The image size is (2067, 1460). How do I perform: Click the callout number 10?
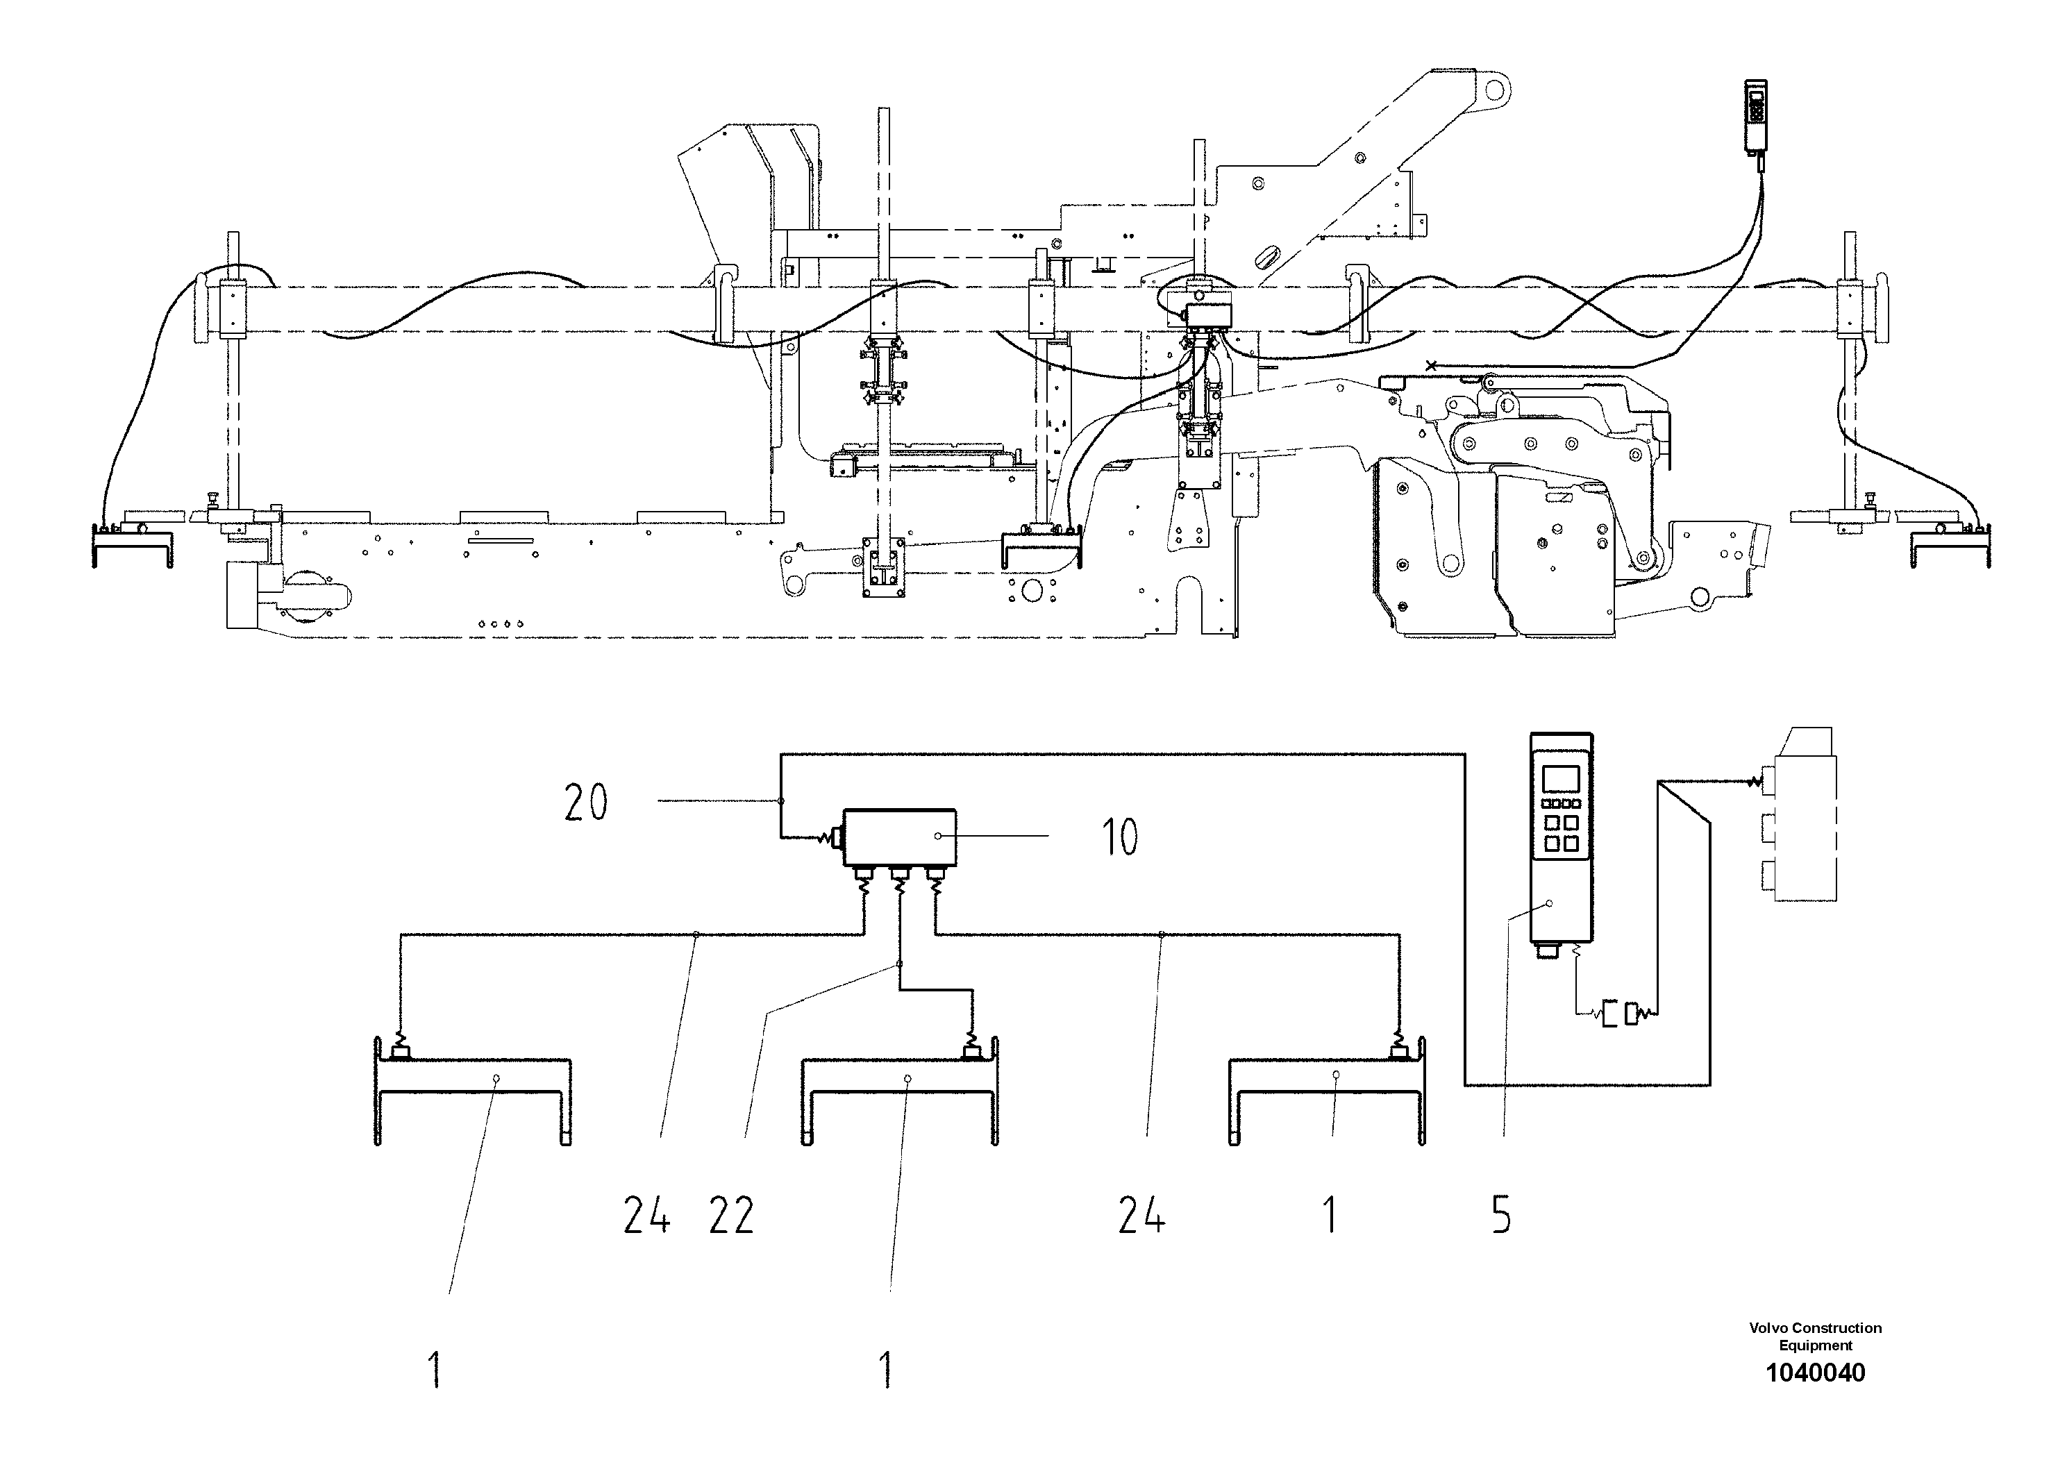(x=1120, y=837)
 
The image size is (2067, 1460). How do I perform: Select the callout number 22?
(x=731, y=1216)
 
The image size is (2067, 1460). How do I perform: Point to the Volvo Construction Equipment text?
(x=1815, y=1336)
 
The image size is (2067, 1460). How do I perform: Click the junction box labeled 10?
(x=898, y=837)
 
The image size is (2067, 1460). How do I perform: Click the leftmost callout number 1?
(x=435, y=1370)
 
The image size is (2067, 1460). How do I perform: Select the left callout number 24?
(x=646, y=1216)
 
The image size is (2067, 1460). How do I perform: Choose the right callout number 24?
(x=1141, y=1216)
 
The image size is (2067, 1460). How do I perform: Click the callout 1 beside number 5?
(x=1330, y=1216)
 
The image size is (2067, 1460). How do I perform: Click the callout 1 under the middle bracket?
(x=887, y=1370)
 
